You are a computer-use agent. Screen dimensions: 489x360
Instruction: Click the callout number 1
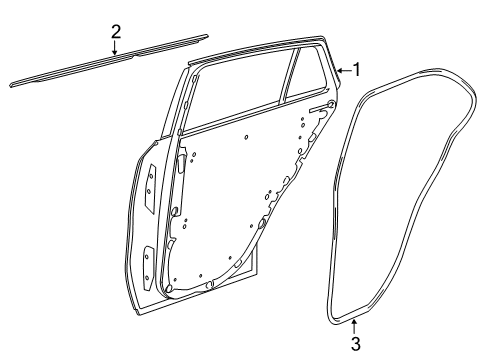point(357,70)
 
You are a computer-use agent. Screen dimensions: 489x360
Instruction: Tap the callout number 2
point(115,32)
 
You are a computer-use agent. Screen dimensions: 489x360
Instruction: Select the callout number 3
point(356,344)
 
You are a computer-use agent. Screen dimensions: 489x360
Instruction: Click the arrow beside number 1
point(344,70)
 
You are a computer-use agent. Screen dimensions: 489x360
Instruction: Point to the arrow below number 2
point(115,47)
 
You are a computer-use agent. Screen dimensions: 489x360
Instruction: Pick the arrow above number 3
point(354,327)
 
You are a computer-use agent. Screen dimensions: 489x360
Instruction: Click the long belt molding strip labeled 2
point(109,61)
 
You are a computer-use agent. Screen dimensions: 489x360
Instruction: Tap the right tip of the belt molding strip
point(208,35)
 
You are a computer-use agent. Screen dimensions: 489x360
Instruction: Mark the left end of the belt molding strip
point(10,85)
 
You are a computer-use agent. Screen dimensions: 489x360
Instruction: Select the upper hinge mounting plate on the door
point(149,188)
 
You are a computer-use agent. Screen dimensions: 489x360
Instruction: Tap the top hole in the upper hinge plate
point(150,175)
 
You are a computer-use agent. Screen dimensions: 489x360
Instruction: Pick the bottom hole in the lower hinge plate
point(147,278)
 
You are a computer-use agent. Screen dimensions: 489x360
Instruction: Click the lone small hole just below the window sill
point(246,137)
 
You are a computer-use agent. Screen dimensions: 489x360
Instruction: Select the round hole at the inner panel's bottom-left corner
point(169,288)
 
